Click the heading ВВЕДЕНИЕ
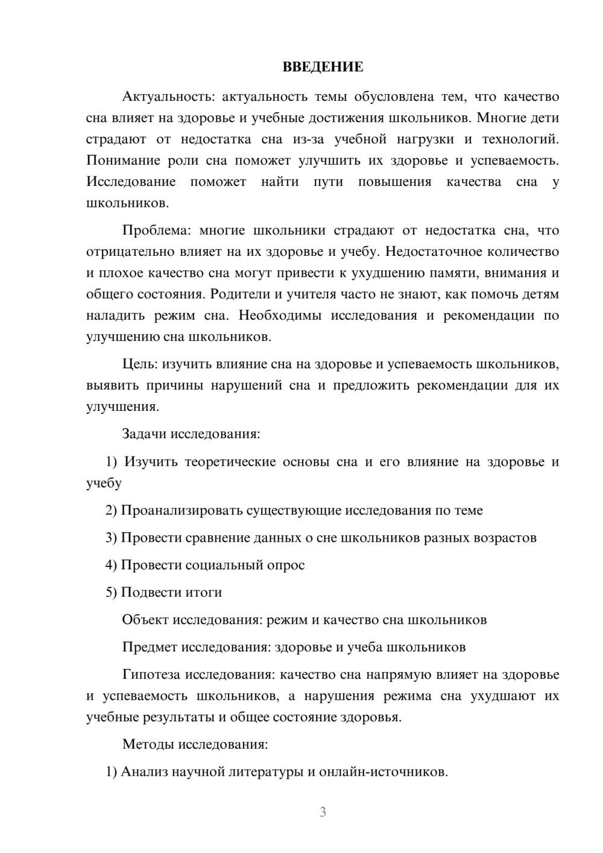pos(323,67)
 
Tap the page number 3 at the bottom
pos(323,812)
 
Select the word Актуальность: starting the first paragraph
pos(167,97)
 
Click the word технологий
pos(520,139)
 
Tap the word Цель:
pos(140,364)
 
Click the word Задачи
pos(145,434)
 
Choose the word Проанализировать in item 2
pos(182,510)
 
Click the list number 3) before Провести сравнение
pos(111,537)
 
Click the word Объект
pos(145,620)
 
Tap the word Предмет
pos(150,647)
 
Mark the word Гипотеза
pos(151,674)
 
